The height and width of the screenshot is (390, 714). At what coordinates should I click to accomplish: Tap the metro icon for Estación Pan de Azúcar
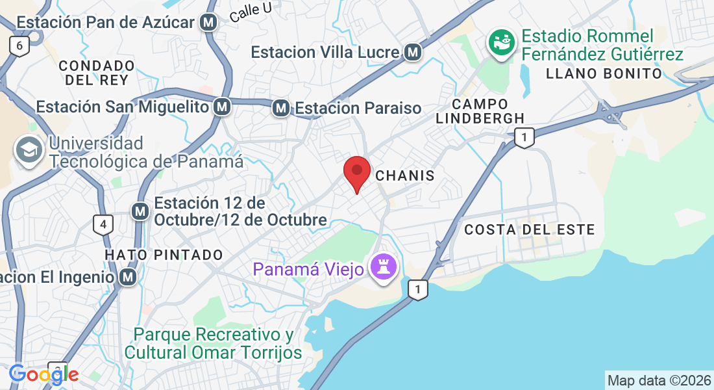[208, 23]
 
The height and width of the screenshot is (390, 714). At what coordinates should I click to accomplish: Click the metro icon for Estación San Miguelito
[223, 106]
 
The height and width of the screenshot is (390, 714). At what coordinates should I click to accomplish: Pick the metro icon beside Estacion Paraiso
[281, 108]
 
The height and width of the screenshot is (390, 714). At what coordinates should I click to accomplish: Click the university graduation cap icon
[29, 151]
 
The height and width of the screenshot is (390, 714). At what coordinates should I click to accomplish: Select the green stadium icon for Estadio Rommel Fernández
[501, 44]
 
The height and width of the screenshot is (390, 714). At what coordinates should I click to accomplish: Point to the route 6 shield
[19, 45]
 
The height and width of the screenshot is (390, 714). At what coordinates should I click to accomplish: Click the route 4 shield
[102, 226]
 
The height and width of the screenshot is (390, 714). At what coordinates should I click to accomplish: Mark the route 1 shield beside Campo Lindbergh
[524, 137]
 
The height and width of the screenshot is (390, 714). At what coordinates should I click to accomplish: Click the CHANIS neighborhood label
[405, 175]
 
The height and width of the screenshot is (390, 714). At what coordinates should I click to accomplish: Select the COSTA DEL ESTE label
[530, 229]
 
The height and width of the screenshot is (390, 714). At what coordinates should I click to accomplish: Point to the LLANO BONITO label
[604, 73]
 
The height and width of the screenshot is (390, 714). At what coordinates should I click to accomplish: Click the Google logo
[43, 374]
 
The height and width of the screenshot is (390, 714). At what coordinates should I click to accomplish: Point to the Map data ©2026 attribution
[659, 380]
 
